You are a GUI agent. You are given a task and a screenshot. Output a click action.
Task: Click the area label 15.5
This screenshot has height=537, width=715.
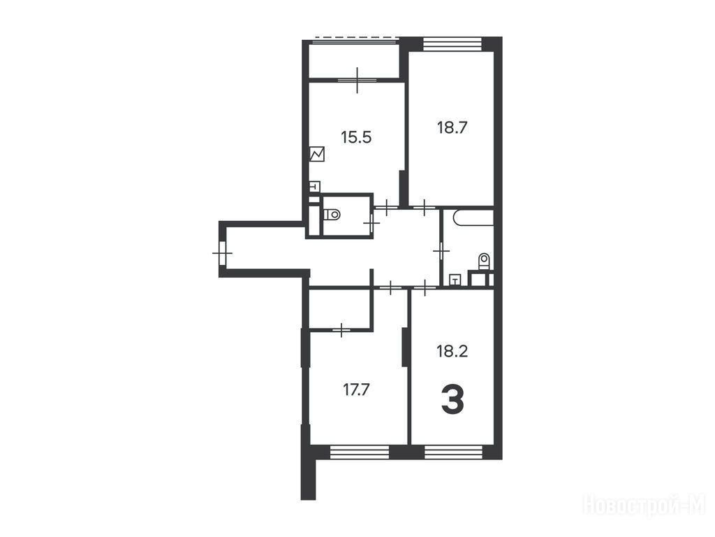(356, 137)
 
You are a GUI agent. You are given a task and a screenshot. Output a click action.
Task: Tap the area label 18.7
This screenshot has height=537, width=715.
(452, 127)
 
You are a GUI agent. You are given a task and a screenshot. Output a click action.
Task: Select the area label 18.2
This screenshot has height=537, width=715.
(452, 352)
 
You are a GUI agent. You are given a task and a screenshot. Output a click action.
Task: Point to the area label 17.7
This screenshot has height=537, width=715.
(355, 390)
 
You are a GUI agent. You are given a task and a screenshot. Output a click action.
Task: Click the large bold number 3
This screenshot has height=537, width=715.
(452, 399)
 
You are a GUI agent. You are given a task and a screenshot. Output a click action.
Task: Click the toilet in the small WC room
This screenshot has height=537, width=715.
(332, 214)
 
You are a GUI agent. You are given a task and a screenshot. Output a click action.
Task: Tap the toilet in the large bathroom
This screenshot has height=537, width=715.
(484, 262)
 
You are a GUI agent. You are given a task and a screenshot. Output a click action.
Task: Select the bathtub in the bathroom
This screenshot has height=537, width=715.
(474, 217)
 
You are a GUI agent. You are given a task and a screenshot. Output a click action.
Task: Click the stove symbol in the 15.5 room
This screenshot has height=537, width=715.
(317, 154)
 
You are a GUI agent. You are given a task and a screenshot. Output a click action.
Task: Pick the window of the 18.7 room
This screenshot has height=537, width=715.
(452, 44)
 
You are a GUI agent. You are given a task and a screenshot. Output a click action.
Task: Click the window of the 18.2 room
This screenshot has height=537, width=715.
(453, 452)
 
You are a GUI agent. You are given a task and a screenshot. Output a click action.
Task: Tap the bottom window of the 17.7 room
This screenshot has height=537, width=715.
(360, 452)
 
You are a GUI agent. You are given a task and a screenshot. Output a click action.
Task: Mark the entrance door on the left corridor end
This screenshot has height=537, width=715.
(223, 252)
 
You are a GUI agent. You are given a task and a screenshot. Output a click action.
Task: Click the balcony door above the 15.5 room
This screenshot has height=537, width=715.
(357, 80)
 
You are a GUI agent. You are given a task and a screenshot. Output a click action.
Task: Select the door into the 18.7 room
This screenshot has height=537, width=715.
(425, 208)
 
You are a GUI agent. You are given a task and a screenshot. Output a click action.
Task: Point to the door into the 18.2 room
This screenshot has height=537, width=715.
(425, 287)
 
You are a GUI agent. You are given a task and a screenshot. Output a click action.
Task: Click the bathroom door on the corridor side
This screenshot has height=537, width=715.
(441, 251)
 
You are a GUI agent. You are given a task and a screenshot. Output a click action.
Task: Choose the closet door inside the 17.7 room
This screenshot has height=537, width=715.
(341, 329)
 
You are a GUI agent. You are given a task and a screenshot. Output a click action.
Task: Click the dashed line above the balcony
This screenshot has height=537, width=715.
(354, 37)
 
